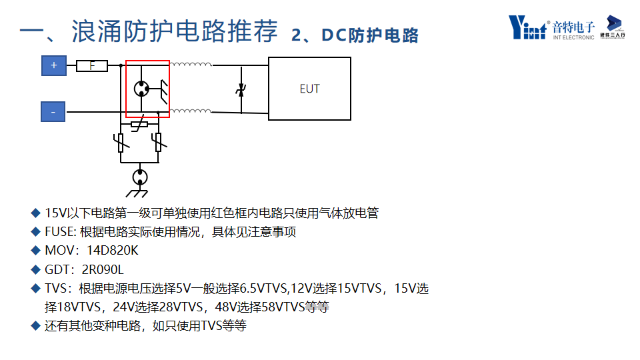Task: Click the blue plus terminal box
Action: pos(53,65)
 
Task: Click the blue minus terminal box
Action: pos(53,112)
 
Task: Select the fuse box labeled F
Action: pos(92,65)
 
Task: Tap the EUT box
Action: pos(309,89)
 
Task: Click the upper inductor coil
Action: pos(191,65)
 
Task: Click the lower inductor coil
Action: pos(191,111)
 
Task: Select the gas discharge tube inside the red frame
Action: pos(141,88)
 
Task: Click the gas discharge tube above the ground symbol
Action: pos(140,177)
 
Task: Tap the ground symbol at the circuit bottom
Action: pos(139,194)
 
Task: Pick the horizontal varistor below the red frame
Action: pos(139,125)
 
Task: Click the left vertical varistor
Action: pos(121,141)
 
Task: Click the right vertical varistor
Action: pos(158,141)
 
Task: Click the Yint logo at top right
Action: pos(527,27)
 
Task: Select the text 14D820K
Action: pos(113,251)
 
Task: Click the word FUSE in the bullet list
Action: pos(59,232)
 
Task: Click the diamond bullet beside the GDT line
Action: pos(36,269)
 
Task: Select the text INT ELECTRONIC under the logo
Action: pos(573,37)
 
